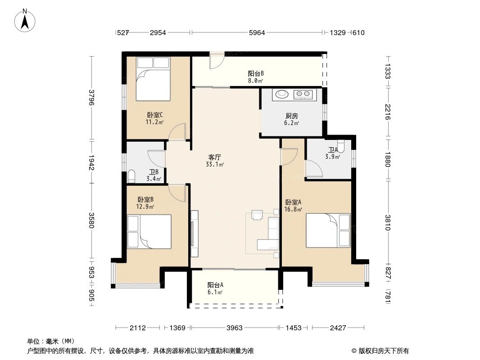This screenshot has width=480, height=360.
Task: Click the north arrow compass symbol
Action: pos(25,21)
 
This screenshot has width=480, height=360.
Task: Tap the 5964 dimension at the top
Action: pos(257,33)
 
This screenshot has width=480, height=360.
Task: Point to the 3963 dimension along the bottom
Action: pos(235,328)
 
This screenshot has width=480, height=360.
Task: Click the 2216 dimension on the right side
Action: pos(388,112)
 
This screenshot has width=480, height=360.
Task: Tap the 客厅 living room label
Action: pos(215,157)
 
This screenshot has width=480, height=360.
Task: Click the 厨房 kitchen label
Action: pos(291,116)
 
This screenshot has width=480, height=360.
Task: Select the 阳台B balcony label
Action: pos(256,73)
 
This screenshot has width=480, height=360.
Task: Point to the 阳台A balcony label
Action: pos(215,285)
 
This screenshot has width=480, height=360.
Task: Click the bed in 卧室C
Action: pos(153,79)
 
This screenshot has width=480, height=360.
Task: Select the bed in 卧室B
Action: pos(149,232)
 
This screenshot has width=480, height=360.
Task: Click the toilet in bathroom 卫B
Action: pos(131,176)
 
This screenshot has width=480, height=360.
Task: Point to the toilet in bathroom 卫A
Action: pos(340,147)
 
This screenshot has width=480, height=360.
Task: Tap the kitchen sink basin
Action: pos(281,94)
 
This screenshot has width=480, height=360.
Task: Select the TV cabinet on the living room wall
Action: pos(195,234)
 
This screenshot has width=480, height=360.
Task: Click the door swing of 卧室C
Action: pos(177,132)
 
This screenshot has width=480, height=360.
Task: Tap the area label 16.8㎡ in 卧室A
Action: pos(293,210)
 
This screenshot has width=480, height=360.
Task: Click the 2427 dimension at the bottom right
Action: pos(338,328)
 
